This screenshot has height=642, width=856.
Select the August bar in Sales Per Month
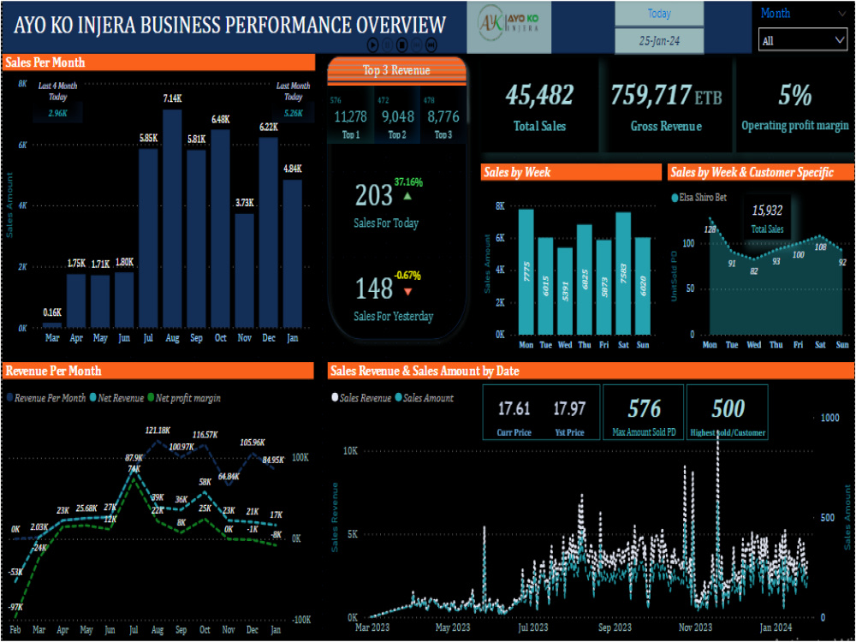pos(172,218)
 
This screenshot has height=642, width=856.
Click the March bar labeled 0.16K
pos(52,324)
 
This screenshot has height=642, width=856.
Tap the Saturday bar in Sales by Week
pos(623,273)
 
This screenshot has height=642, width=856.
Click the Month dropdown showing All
pos(803,40)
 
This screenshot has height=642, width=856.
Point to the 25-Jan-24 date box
pos(659,40)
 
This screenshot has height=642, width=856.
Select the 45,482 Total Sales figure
pos(539,96)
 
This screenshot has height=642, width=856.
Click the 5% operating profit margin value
pos(794,96)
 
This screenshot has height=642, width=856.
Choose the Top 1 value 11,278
pos(350,117)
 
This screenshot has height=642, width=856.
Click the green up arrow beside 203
pos(407,196)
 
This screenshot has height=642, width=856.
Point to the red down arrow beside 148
pos(407,292)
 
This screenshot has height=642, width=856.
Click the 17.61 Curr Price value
pos(514,409)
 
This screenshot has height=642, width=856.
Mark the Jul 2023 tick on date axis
pos(534,627)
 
